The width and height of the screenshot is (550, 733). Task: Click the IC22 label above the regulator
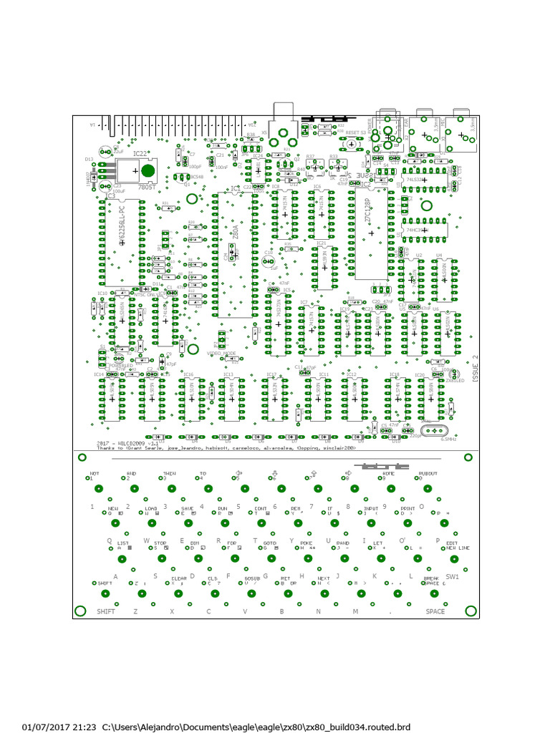click(x=140, y=153)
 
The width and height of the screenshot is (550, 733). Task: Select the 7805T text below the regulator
click(x=146, y=187)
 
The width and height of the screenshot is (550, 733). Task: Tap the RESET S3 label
click(x=355, y=132)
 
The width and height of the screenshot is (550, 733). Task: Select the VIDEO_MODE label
click(x=222, y=354)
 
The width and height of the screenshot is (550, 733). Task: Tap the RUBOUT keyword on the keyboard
click(x=428, y=474)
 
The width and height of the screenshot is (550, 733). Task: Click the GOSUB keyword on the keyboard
click(x=252, y=577)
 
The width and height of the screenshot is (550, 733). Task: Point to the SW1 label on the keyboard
click(x=453, y=576)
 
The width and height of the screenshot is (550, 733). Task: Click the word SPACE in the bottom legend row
click(x=435, y=611)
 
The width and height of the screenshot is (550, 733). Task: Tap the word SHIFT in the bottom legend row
click(x=106, y=611)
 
